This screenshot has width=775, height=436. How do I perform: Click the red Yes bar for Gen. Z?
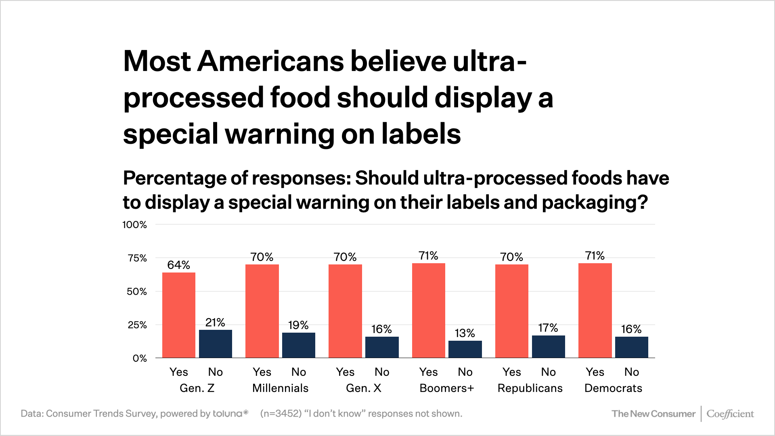coord(179,315)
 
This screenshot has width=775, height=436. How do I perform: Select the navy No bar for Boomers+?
coord(465,349)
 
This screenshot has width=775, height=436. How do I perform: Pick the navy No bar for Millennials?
coord(299,345)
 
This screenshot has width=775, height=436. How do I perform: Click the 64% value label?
coord(179,265)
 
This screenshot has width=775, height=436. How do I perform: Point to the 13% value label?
coord(465,333)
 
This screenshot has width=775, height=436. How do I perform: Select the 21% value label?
coord(215,322)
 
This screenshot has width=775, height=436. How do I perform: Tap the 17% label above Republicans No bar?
coord(548,327)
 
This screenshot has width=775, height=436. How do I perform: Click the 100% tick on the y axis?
coord(135,224)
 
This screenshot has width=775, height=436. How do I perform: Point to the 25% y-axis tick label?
coord(137,325)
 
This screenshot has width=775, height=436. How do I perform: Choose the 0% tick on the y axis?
coord(140,358)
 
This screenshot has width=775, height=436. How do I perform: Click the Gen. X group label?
coord(364,388)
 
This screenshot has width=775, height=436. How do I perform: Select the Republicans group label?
coord(530,388)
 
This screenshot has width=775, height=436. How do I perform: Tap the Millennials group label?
coord(281,388)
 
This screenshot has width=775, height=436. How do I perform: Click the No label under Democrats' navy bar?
coord(632,372)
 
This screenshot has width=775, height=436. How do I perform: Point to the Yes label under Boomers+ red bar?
coord(428,372)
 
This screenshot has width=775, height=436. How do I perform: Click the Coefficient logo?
coord(730,414)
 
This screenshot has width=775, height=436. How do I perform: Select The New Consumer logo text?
coord(654,414)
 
